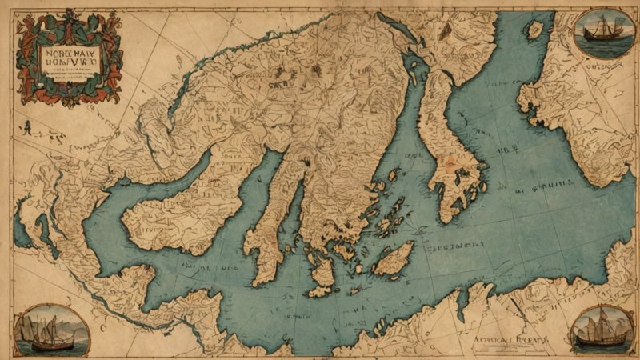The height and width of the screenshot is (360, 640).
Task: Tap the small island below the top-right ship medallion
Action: [x=534, y=30]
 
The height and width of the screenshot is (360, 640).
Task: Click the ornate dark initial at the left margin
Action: [x=28, y=126]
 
